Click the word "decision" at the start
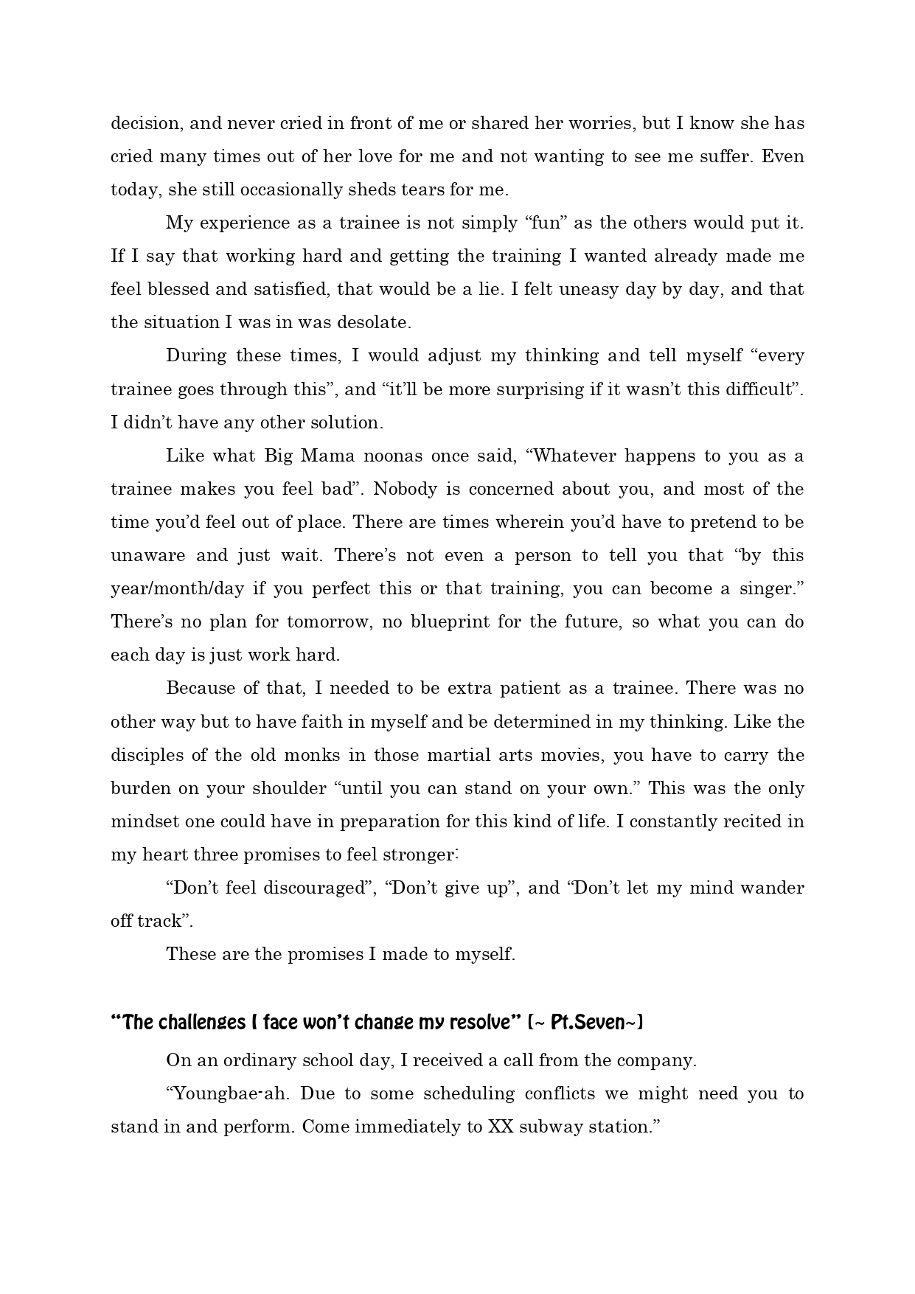coord(145,124)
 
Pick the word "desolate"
coord(372,323)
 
